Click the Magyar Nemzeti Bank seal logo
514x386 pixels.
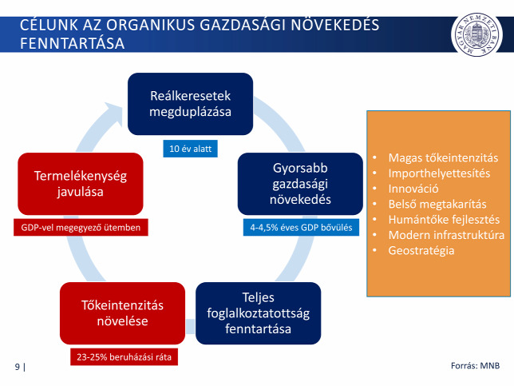pos(476,34)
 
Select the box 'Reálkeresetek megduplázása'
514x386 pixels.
pos(190,104)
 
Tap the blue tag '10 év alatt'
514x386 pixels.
pos(190,149)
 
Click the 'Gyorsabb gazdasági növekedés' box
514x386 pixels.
pos(300,184)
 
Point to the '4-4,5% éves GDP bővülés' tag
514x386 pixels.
pos(301,227)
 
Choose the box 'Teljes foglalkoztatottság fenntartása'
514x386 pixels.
pos(258,313)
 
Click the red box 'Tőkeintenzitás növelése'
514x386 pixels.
pos(122,313)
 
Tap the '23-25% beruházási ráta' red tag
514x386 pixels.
pos(124,356)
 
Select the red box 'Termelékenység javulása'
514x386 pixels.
pos(81,184)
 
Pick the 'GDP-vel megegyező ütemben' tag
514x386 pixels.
pos(81,227)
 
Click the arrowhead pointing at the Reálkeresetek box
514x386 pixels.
pos(114,113)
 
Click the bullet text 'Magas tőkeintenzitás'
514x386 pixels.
pos(443,158)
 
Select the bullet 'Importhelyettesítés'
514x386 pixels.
pos(439,173)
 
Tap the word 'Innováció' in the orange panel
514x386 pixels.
pos(413,189)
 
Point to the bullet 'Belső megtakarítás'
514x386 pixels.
pos(437,204)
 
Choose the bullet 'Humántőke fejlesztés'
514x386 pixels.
pos(444,220)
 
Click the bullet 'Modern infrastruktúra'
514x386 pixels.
pos(446,235)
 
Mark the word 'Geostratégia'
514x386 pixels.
pos(421,250)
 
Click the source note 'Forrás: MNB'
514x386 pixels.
pos(475,366)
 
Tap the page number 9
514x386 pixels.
pos(18,367)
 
